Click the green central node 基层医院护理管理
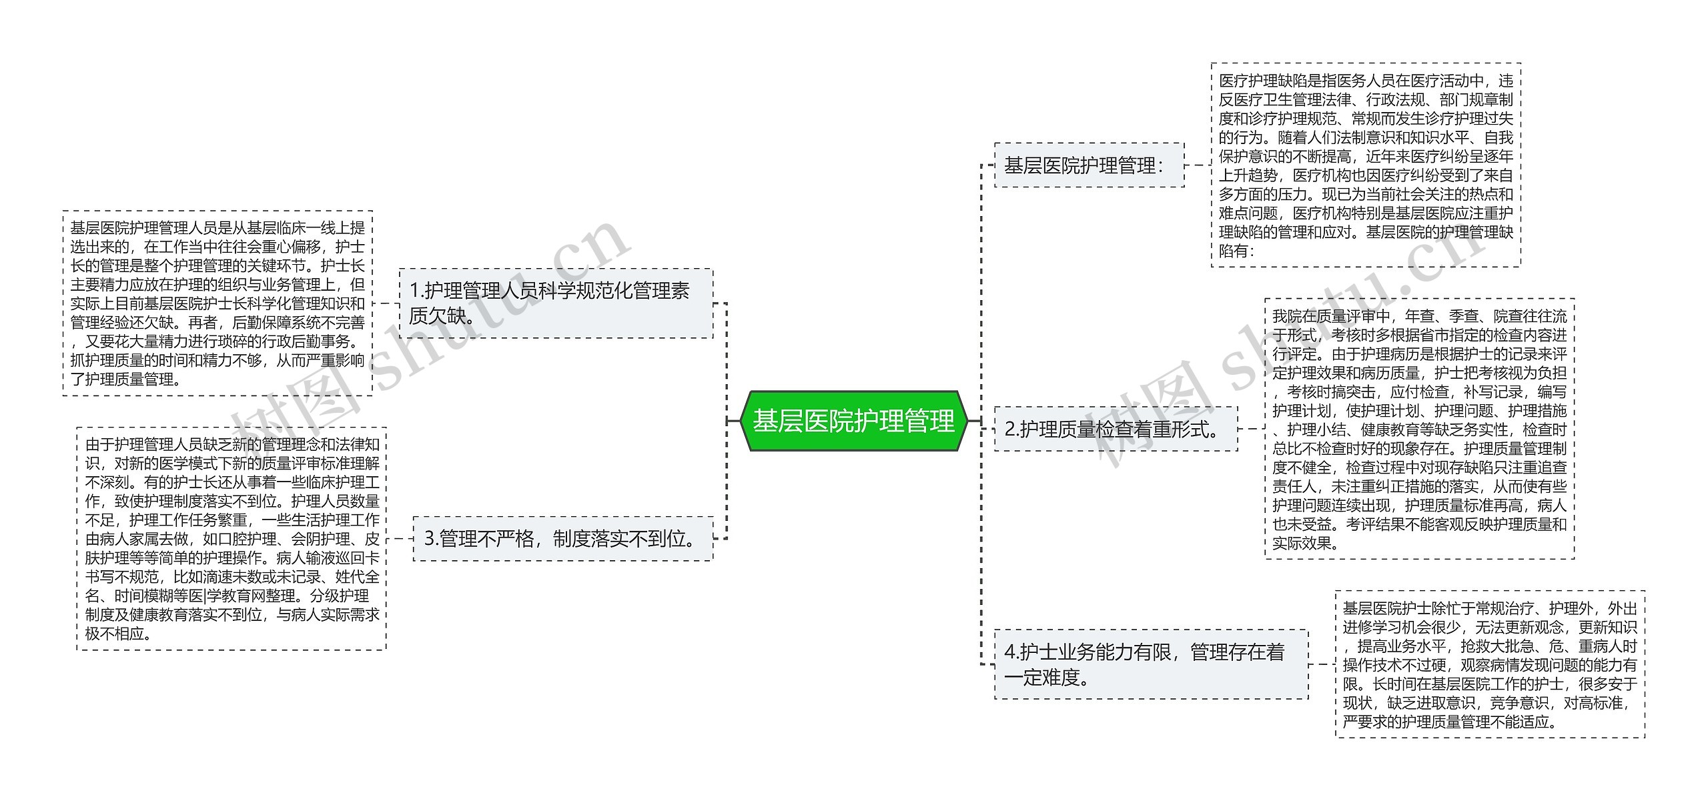853,421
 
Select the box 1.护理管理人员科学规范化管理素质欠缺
556,303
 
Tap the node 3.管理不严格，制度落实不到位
562,539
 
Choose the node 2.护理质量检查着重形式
1116,429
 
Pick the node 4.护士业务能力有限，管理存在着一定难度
1151,664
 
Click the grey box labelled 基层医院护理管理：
1089,165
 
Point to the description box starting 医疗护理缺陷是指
1366,165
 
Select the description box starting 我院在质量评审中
1419,429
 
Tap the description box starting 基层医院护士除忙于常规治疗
1490,664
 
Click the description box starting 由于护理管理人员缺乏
232,539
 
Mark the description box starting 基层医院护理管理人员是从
218,303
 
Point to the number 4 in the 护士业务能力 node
1010,652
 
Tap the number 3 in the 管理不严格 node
430,539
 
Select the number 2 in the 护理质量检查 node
1010,429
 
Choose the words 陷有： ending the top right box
1237,251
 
